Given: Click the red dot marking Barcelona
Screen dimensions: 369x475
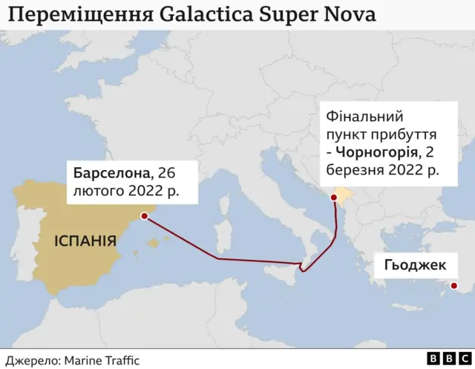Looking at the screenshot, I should tap(144, 217).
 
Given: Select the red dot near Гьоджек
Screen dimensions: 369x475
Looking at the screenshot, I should tap(454, 286).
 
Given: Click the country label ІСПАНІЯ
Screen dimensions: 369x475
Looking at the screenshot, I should tap(84, 241).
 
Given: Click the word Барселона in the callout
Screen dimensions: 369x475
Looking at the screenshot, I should tap(111, 173).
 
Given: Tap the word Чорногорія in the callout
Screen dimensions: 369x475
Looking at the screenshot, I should tap(376, 153).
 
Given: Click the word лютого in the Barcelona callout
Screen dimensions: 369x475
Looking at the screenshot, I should tap(95, 192).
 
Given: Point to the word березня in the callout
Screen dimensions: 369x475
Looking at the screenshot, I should tap(353, 170).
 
